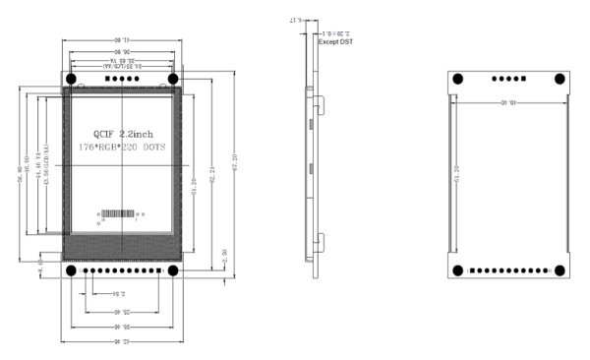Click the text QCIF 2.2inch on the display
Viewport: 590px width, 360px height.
pyautogui.click(x=123, y=132)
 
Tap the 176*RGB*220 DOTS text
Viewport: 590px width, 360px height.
pyautogui.click(x=122, y=147)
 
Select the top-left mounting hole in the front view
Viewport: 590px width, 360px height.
pyautogui.click(x=72, y=78)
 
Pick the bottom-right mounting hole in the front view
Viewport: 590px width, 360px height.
pyautogui.click(x=173, y=270)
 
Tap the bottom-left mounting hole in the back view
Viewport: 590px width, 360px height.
pyautogui.click(x=458, y=271)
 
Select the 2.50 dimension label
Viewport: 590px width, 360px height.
pyautogui.click(x=224, y=254)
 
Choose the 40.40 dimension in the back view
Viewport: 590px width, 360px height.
pyautogui.click(x=509, y=99)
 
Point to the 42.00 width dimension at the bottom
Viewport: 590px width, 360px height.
pyautogui.click(x=122, y=341)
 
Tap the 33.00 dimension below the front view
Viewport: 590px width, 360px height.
pyautogui.click(x=122, y=326)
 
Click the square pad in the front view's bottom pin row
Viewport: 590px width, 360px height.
pyautogui.click(x=84, y=270)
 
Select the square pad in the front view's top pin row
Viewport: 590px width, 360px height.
pyautogui.click(x=105, y=78)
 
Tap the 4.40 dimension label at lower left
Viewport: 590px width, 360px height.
pyautogui.click(x=40, y=264)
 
